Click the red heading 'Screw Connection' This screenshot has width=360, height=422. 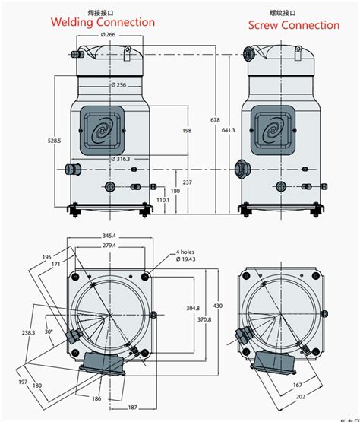(x=294, y=25)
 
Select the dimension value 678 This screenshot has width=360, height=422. (x=216, y=120)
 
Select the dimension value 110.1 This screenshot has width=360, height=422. (x=163, y=200)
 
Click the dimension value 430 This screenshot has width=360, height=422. (x=219, y=305)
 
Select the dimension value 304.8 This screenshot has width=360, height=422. (x=192, y=308)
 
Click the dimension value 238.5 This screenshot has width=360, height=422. (x=28, y=333)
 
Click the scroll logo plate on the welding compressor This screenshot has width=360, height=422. (x=106, y=132)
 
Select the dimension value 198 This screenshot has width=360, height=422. (x=186, y=131)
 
